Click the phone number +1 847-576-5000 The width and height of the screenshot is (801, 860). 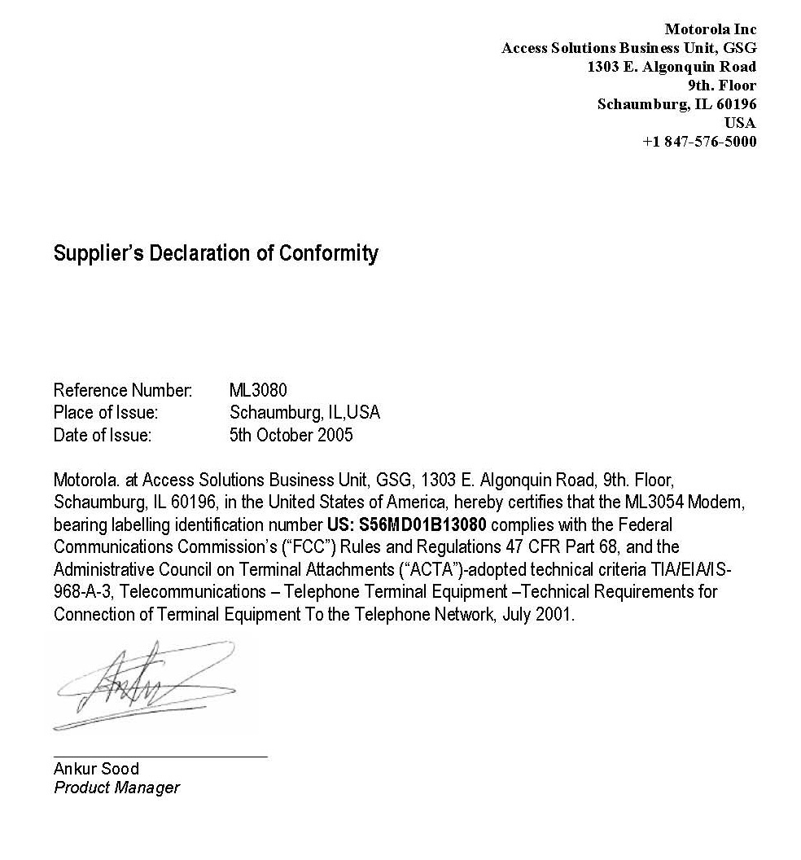coord(699,142)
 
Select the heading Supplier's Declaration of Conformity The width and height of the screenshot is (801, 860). coord(216,253)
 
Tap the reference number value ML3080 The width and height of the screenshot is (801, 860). coord(258,390)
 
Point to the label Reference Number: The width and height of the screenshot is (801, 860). coord(123,390)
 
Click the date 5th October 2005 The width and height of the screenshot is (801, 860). coord(291,435)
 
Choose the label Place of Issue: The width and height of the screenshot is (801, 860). coord(106,413)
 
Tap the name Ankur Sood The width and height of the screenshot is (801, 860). coord(96,769)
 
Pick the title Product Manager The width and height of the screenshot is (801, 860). coord(116,788)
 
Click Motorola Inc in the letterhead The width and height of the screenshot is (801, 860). coord(711,29)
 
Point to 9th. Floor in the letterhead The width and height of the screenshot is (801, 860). coord(722,86)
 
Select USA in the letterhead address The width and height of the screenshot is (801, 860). coord(740,123)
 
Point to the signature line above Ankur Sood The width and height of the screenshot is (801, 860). coord(160,757)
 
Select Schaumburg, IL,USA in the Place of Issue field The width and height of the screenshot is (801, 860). coord(304,413)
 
